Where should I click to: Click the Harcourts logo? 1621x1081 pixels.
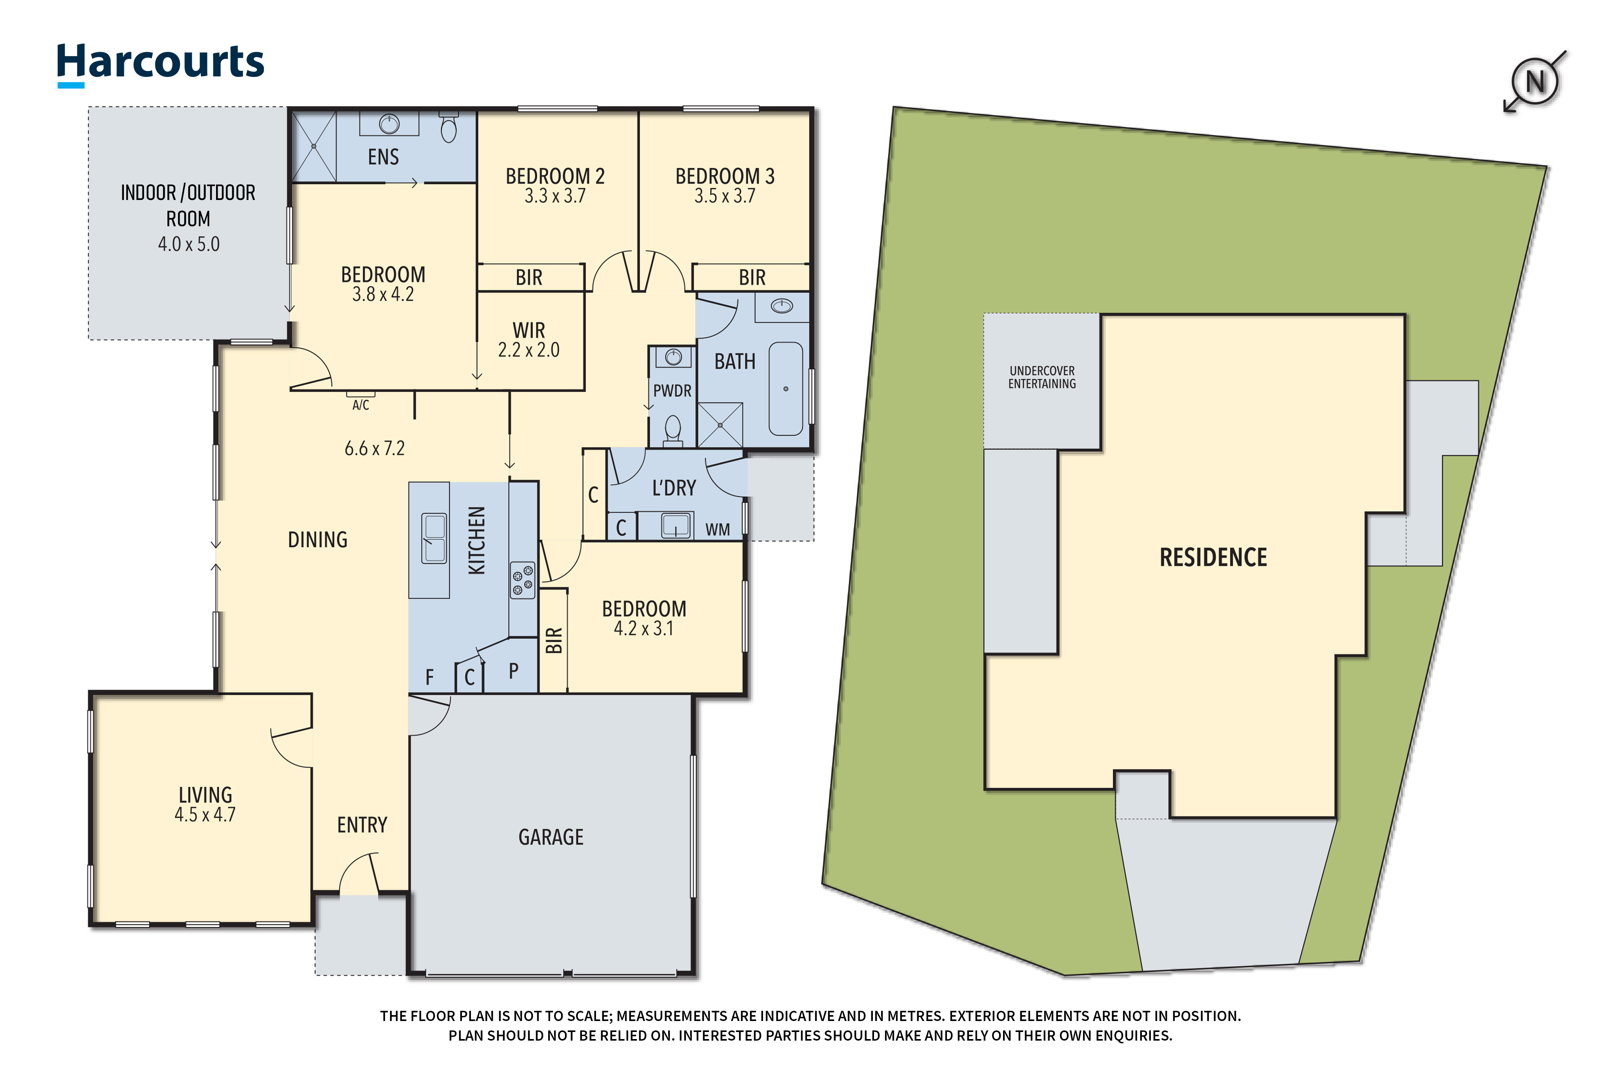[x=160, y=64]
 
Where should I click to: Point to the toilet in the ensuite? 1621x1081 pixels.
[x=449, y=128]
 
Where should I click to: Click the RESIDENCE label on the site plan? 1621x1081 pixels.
[x=1213, y=557]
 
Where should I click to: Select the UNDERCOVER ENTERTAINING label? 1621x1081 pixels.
[x=1042, y=377]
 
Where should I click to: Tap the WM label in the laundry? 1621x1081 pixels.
[x=717, y=529]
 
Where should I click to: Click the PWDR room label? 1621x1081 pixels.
[x=672, y=391]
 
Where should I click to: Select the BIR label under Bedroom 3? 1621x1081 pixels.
[x=752, y=277]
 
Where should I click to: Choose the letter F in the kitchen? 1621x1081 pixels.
[x=429, y=677]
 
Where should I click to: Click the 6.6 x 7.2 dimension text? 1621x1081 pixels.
[x=374, y=449]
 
